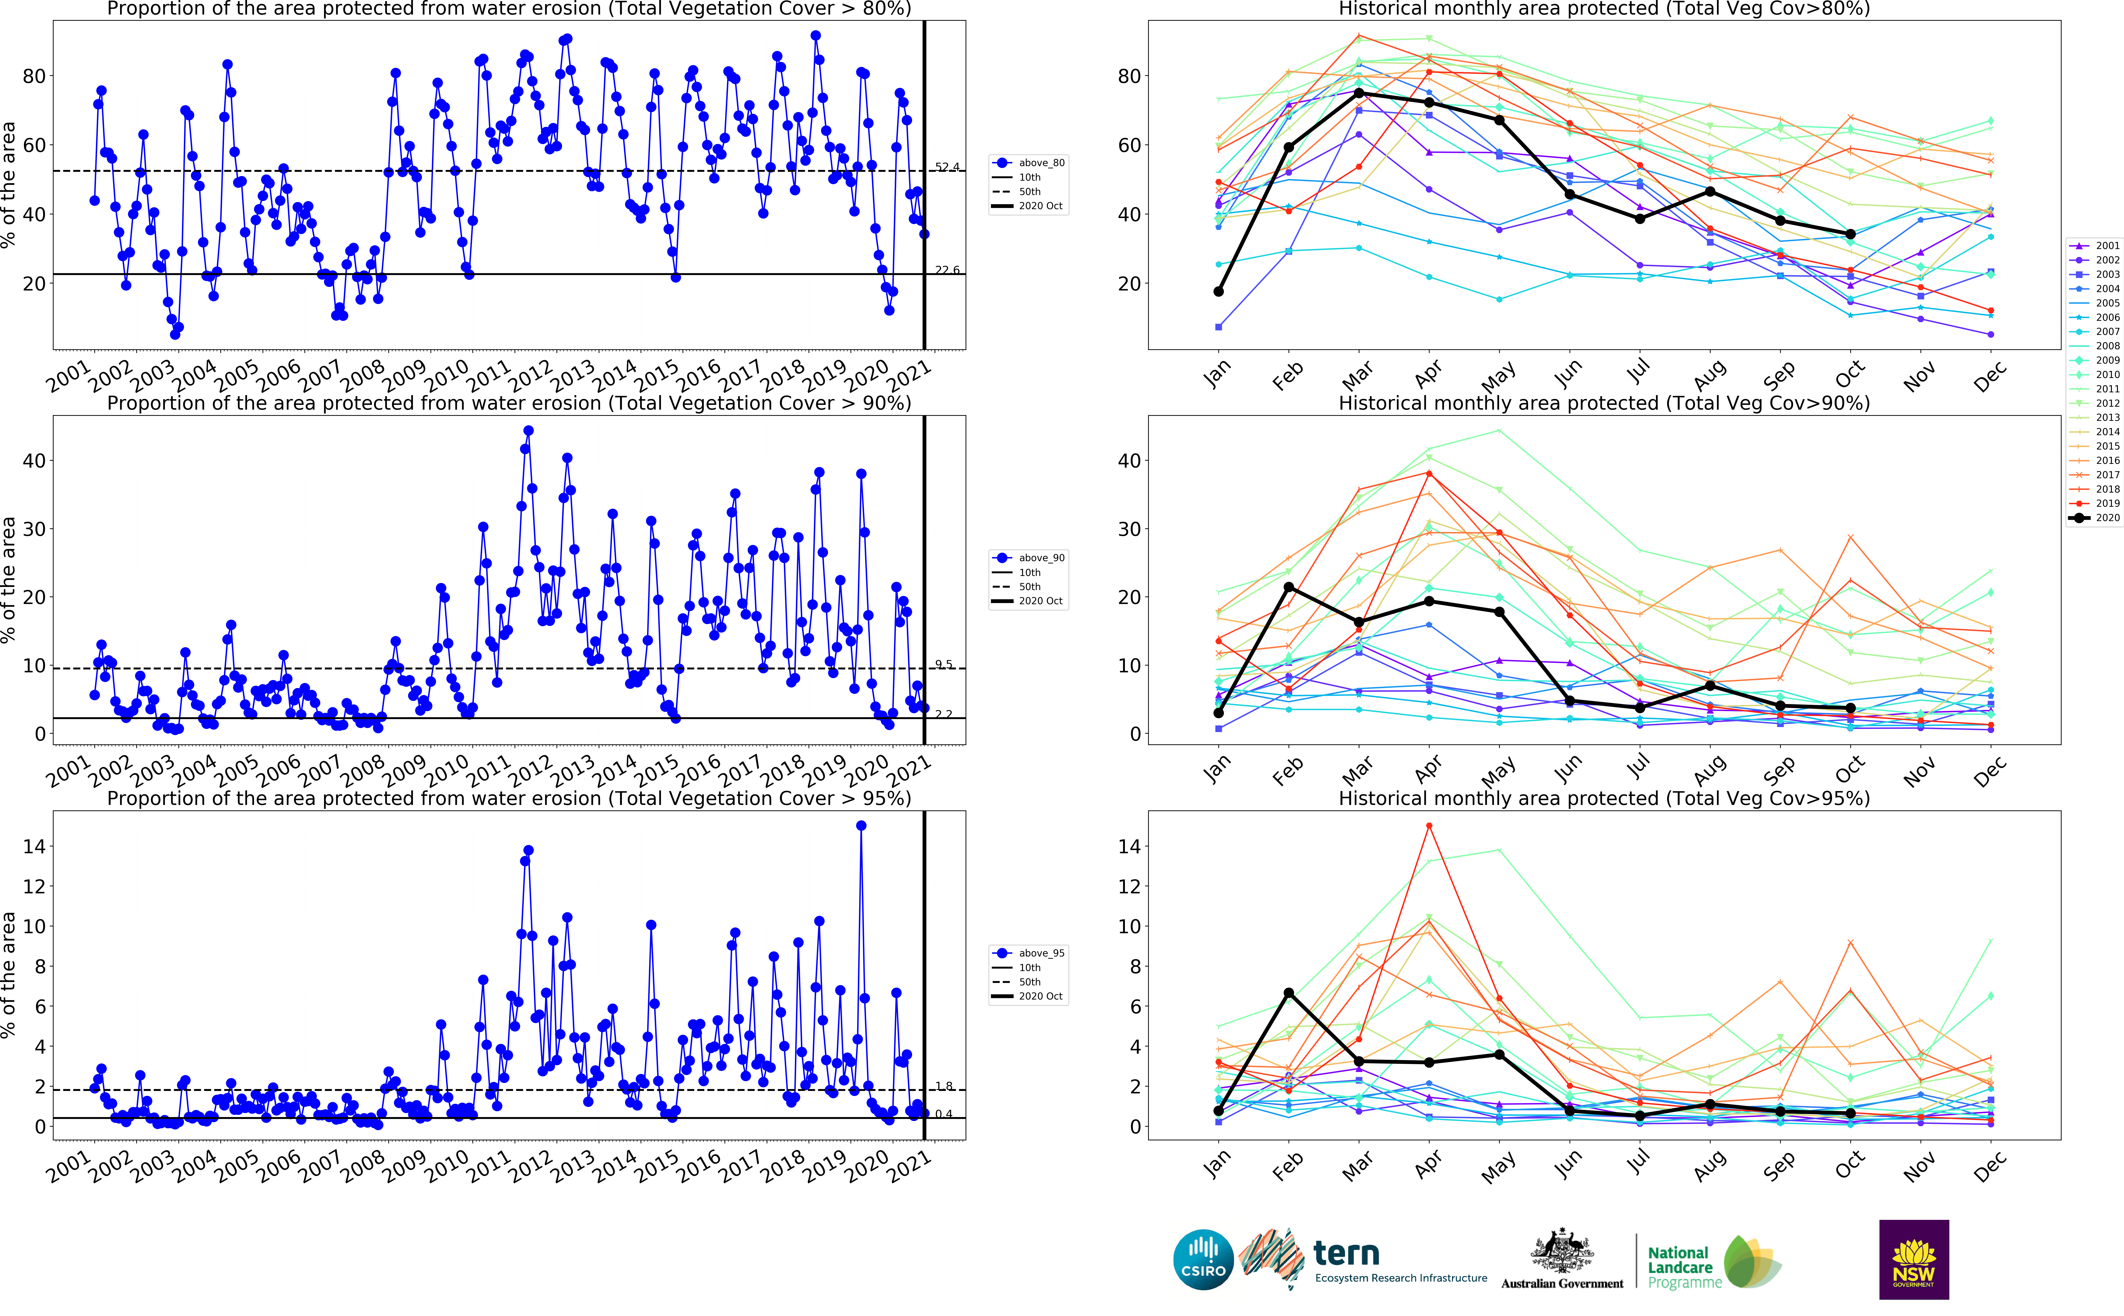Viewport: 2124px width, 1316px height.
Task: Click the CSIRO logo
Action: pyautogui.click(x=1203, y=1259)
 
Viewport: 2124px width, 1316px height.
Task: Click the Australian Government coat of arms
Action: pyautogui.click(x=1562, y=1251)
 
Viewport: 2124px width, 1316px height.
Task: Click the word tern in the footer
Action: pyautogui.click(x=1346, y=1253)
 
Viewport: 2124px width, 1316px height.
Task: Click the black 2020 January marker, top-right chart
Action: pyautogui.click(x=1219, y=292)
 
